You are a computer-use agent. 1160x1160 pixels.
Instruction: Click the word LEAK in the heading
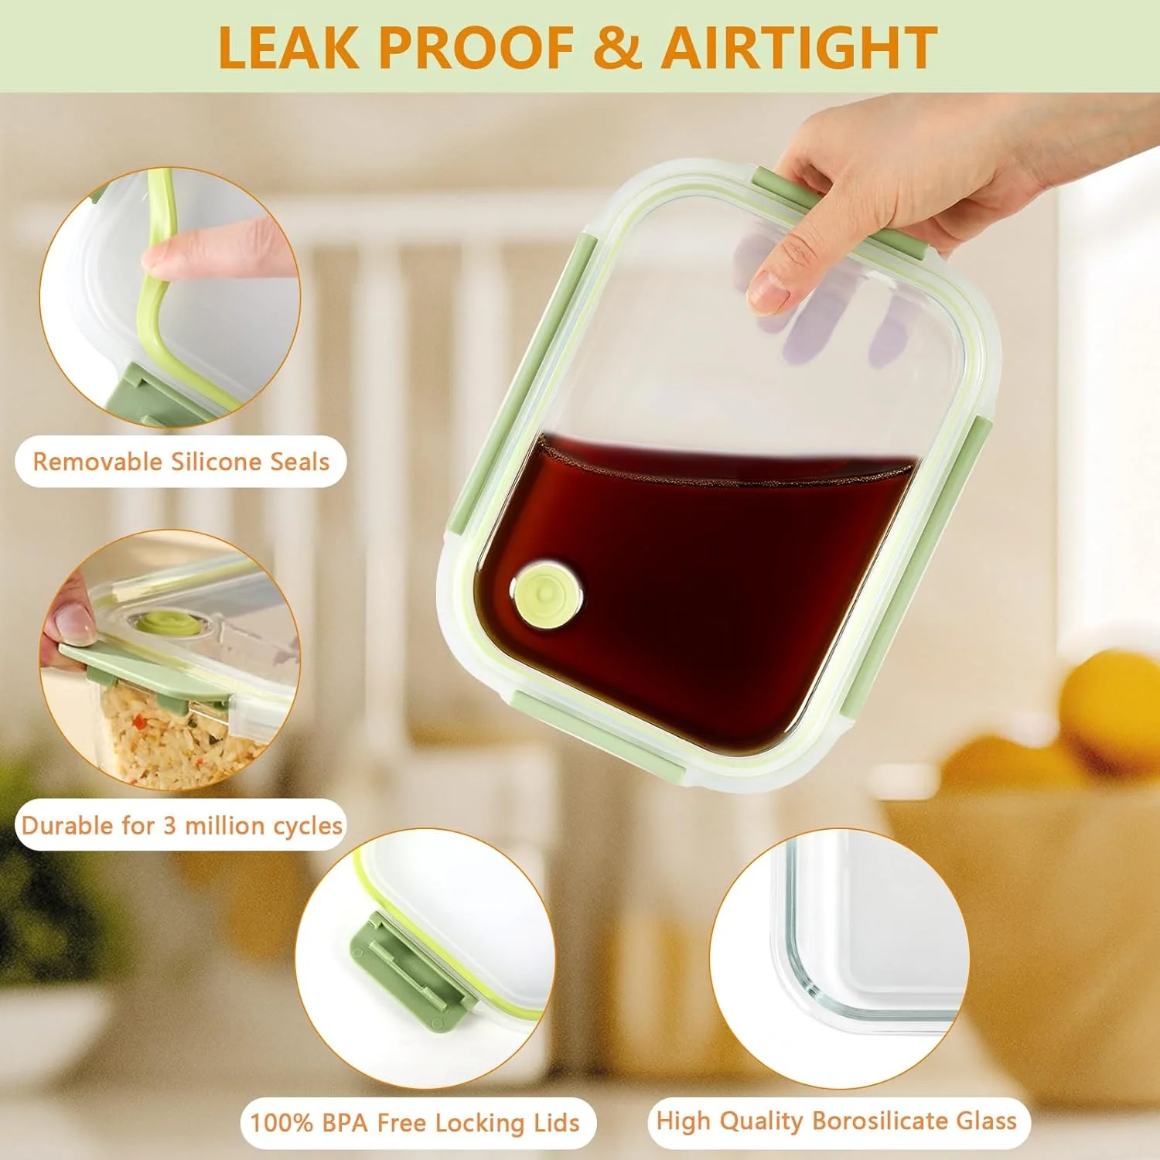click(x=288, y=48)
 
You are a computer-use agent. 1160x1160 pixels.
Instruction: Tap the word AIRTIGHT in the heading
click(x=800, y=48)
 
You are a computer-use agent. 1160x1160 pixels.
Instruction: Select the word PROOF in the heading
click(x=476, y=48)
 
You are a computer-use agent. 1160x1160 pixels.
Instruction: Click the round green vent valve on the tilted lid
click(x=547, y=595)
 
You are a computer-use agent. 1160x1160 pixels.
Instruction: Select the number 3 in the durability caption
click(x=169, y=826)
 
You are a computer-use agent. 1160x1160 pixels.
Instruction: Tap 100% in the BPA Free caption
click(x=282, y=1123)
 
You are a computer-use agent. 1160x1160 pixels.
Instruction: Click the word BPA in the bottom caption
click(x=346, y=1123)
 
